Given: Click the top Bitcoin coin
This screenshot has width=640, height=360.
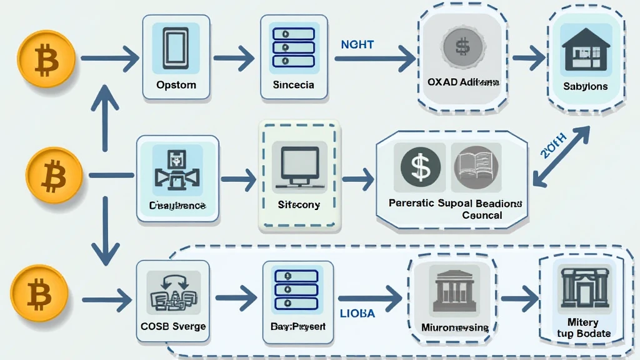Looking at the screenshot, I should [x=47, y=60].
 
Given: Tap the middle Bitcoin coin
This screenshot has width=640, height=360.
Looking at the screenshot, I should [x=54, y=175].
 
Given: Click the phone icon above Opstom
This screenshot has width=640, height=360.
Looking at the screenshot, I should [x=176, y=48].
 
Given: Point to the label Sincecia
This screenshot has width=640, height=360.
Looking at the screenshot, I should [x=293, y=84].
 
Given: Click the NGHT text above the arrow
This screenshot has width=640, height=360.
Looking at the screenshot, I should [x=357, y=45].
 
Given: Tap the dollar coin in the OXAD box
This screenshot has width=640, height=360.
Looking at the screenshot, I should [x=462, y=46].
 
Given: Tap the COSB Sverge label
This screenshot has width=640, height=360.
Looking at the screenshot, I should [x=173, y=326].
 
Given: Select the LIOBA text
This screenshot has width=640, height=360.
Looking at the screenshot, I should [x=357, y=313].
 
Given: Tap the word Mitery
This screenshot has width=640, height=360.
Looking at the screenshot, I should [x=582, y=322].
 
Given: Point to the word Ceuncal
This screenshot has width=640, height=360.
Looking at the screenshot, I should [x=481, y=215].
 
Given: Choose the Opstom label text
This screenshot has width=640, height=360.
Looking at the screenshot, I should [x=176, y=84].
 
